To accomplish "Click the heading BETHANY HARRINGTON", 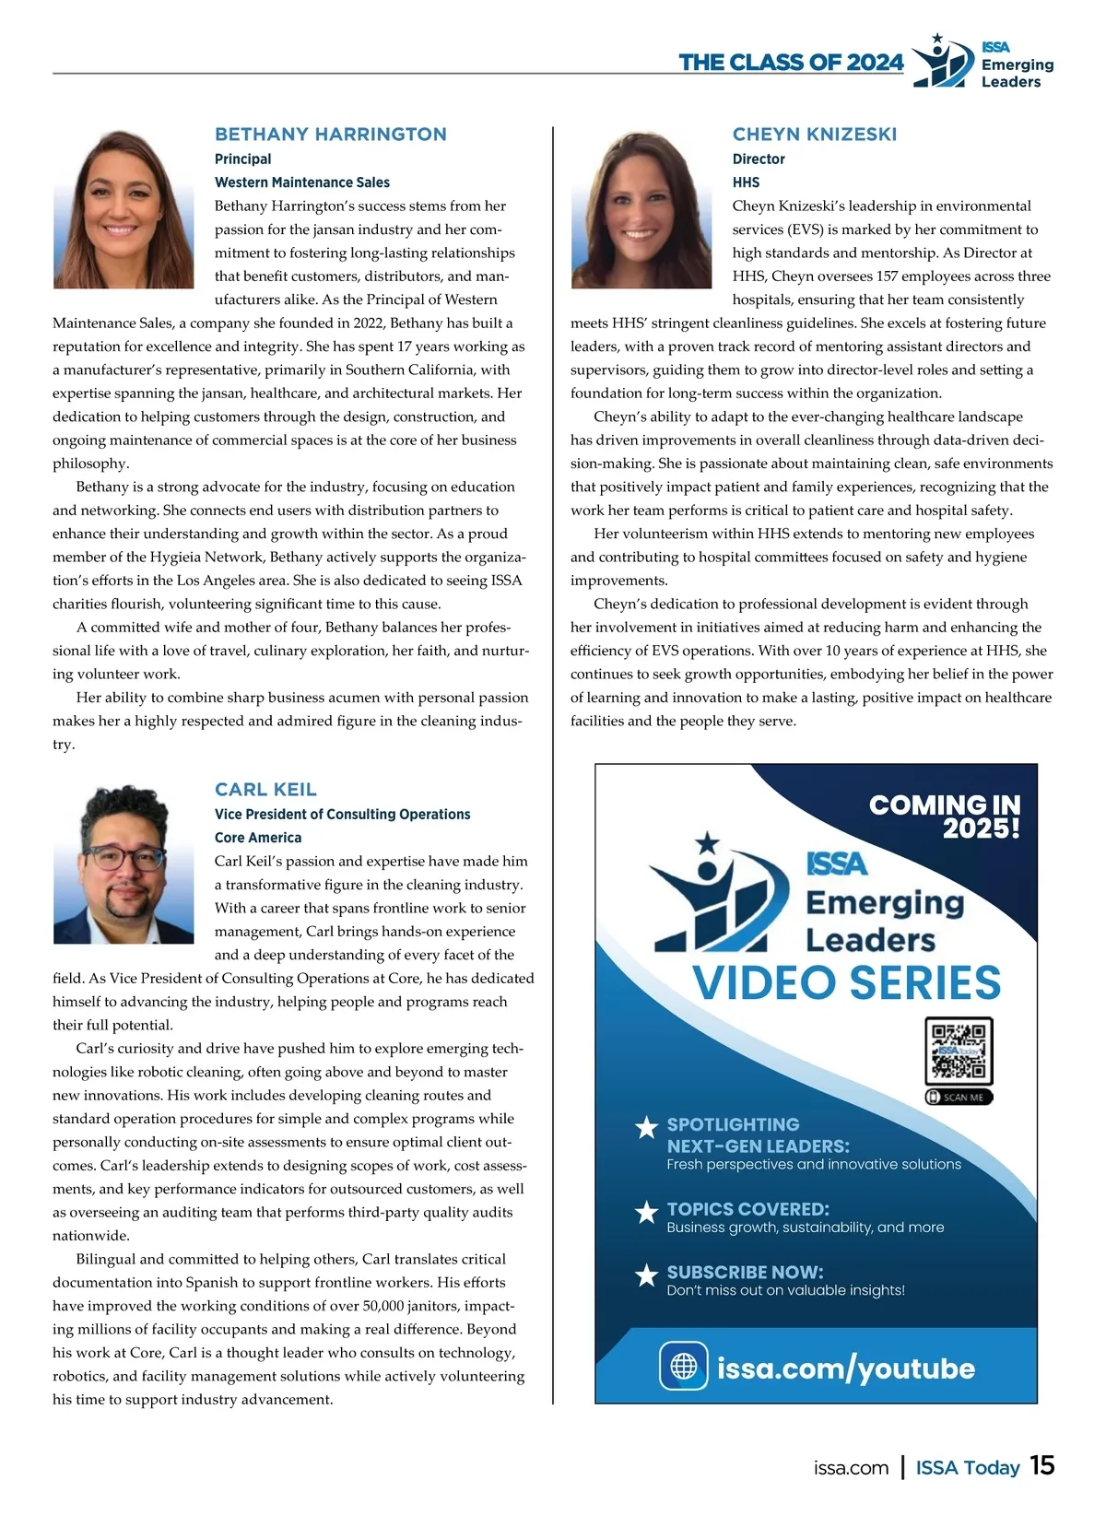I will [330, 135].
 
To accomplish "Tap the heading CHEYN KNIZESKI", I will [814, 135].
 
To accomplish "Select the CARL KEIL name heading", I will [265, 790].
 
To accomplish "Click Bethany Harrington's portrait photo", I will [124, 208].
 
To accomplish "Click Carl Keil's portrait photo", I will [124, 863].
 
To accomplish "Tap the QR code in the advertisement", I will [959, 1051].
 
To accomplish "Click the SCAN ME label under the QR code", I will [959, 1098].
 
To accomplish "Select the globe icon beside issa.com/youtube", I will [683, 1366].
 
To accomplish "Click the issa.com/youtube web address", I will [845, 1368].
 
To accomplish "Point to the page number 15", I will [1041, 1465].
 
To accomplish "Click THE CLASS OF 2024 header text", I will [791, 63].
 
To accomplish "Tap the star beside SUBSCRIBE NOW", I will [647, 1275].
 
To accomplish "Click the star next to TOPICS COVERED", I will [647, 1213].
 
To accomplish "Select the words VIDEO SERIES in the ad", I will [846, 982].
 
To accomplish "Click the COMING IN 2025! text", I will [945, 816].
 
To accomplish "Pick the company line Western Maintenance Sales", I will [302, 182].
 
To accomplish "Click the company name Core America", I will [258, 838].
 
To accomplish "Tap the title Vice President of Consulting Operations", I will [342, 815].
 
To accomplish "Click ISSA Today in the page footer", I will [967, 1468].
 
